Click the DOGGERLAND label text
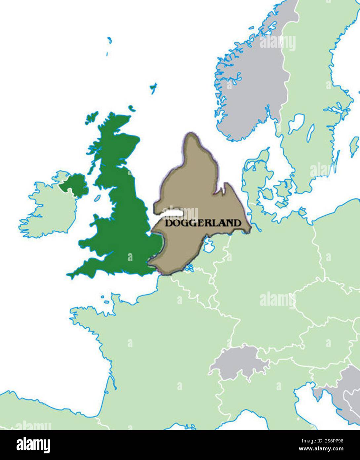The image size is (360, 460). [203, 223]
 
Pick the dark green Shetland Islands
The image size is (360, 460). [153, 87]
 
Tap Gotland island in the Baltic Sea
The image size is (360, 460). [354, 145]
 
